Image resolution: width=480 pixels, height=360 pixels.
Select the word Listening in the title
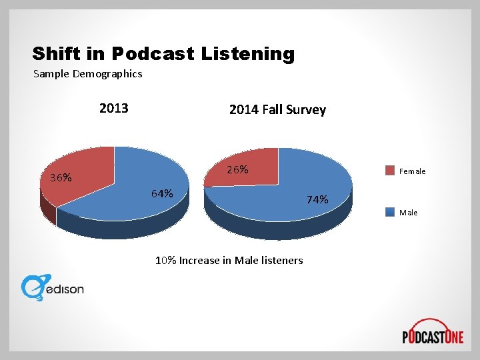click(x=247, y=53)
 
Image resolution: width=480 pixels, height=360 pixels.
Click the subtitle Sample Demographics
click(x=88, y=74)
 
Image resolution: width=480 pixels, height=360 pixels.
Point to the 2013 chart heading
click(x=113, y=109)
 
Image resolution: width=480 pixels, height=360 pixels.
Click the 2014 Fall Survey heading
click(x=277, y=110)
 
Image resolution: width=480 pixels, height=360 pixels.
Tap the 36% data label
click(x=61, y=178)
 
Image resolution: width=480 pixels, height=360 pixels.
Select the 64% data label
click(x=162, y=194)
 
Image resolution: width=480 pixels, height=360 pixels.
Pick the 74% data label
click(x=317, y=199)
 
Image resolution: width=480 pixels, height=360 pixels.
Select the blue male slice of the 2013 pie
click(x=133, y=193)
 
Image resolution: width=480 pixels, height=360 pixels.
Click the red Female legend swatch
click(x=390, y=170)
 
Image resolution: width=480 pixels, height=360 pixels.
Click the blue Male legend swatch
click(x=390, y=212)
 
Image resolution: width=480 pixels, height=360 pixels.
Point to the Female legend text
click(x=412, y=171)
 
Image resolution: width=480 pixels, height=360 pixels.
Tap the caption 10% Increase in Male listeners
click(x=229, y=260)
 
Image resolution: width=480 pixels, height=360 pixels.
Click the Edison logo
click(x=53, y=287)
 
